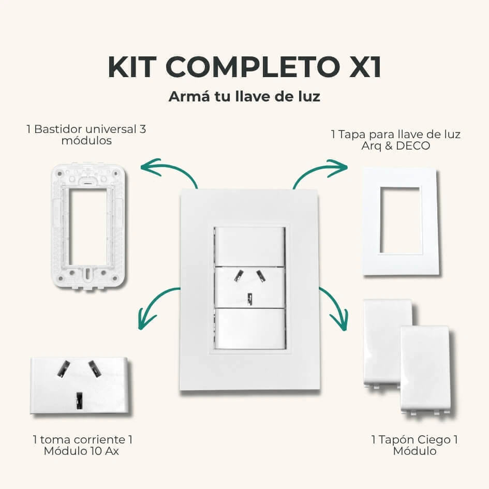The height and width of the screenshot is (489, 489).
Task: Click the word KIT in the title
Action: pyautogui.click(x=132, y=67)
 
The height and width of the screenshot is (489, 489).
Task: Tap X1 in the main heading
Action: pyautogui.click(x=365, y=67)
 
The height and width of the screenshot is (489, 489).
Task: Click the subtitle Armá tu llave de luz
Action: pyautogui.click(x=244, y=96)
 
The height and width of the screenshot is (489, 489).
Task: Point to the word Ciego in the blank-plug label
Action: pyautogui.click(x=434, y=440)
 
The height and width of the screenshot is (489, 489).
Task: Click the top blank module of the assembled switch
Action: pyautogui.click(x=250, y=247)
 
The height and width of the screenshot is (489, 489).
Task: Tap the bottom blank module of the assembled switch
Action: pyautogui.click(x=250, y=329)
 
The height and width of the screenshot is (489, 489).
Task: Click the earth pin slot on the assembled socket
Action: pyautogui.click(x=250, y=299)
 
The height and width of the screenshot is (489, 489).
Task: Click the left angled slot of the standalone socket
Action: pyautogui.click(x=64, y=368)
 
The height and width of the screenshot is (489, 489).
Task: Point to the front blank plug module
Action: pyautogui.click(x=425, y=369)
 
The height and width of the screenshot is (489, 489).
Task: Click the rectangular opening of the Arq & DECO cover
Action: pyautogui.click(x=400, y=220)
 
